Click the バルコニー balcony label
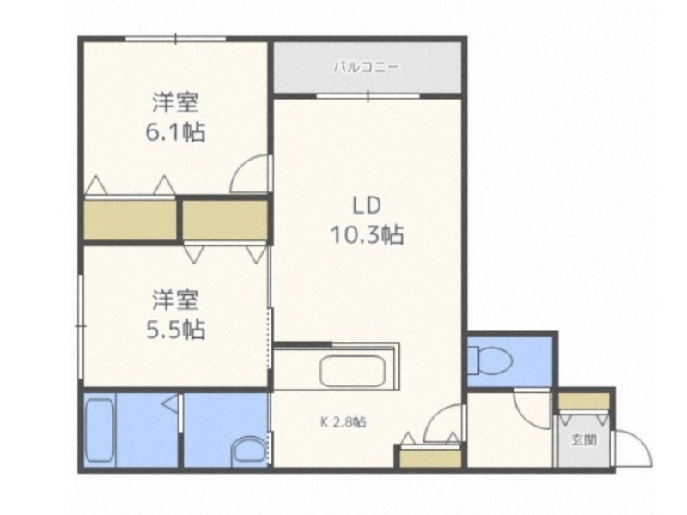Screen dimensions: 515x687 366,66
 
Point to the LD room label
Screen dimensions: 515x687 366,205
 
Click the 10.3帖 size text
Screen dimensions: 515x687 368,234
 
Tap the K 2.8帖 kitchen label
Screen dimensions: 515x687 343,422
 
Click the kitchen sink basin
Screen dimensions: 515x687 352,372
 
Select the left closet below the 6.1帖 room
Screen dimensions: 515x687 131,220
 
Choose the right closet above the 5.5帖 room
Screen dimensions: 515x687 225,220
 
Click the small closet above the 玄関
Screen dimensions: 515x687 583,402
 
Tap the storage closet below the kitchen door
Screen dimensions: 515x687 429,457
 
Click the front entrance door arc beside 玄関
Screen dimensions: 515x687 631,447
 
